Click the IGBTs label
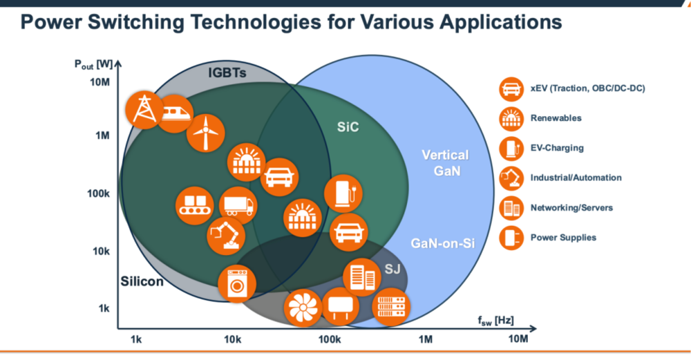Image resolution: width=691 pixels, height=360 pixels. click(x=227, y=73)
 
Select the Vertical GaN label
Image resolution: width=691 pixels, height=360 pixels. click(x=445, y=162)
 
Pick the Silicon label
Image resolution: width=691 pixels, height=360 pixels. click(x=142, y=281)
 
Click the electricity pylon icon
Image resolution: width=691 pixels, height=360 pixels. click(x=143, y=109)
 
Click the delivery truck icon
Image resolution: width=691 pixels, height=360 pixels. click(x=238, y=204)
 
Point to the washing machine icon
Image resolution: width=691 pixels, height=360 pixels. click(x=237, y=283)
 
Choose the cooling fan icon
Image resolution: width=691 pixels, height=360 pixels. click(x=303, y=307)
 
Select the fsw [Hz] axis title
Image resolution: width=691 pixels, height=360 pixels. click(x=494, y=320)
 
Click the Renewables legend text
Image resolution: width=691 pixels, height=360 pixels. click(x=556, y=118)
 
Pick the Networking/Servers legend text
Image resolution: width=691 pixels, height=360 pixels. click(x=571, y=207)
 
